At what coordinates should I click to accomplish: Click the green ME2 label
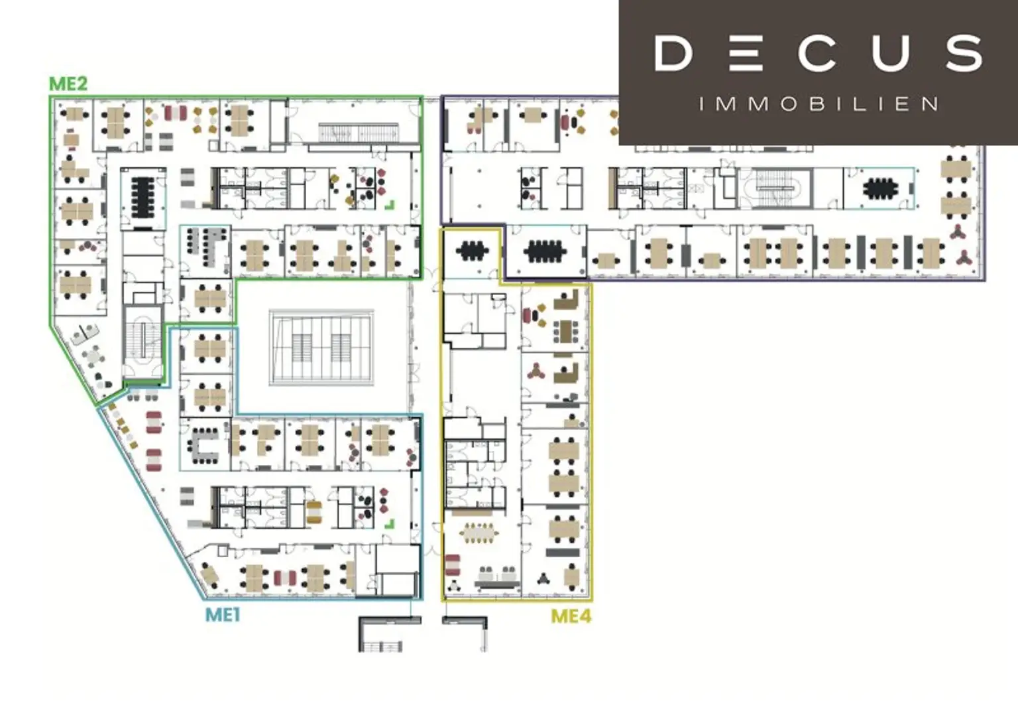pyautogui.click(x=68, y=84)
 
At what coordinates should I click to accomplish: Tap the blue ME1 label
pyautogui.click(x=223, y=616)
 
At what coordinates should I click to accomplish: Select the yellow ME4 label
pyautogui.click(x=571, y=617)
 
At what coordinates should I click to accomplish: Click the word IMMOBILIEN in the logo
pyautogui.click(x=818, y=104)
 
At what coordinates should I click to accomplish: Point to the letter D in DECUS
pyautogui.click(x=673, y=54)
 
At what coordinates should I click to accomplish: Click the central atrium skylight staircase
pyautogui.click(x=321, y=348)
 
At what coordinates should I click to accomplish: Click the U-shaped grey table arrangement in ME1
pyautogui.click(x=205, y=445)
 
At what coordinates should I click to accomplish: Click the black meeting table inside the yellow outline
pyautogui.click(x=472, y=251)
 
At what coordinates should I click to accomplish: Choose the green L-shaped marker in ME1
pyautogui.click(x=390, y=524)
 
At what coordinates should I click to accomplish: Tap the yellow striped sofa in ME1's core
pyautogui.click(x=314, y=512)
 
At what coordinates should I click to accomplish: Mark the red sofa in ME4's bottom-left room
pyautogui.click(x=453, y=565)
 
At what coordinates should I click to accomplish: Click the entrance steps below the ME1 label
pyautogui.click(x=381, y=646)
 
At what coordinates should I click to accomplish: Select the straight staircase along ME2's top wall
pyautogui.click(x=359, y=133)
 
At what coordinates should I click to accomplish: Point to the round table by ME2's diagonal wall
pyautogui.click(x=94, y=356)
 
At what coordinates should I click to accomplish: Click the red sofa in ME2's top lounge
pyautogui.click(x=176, y=113)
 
